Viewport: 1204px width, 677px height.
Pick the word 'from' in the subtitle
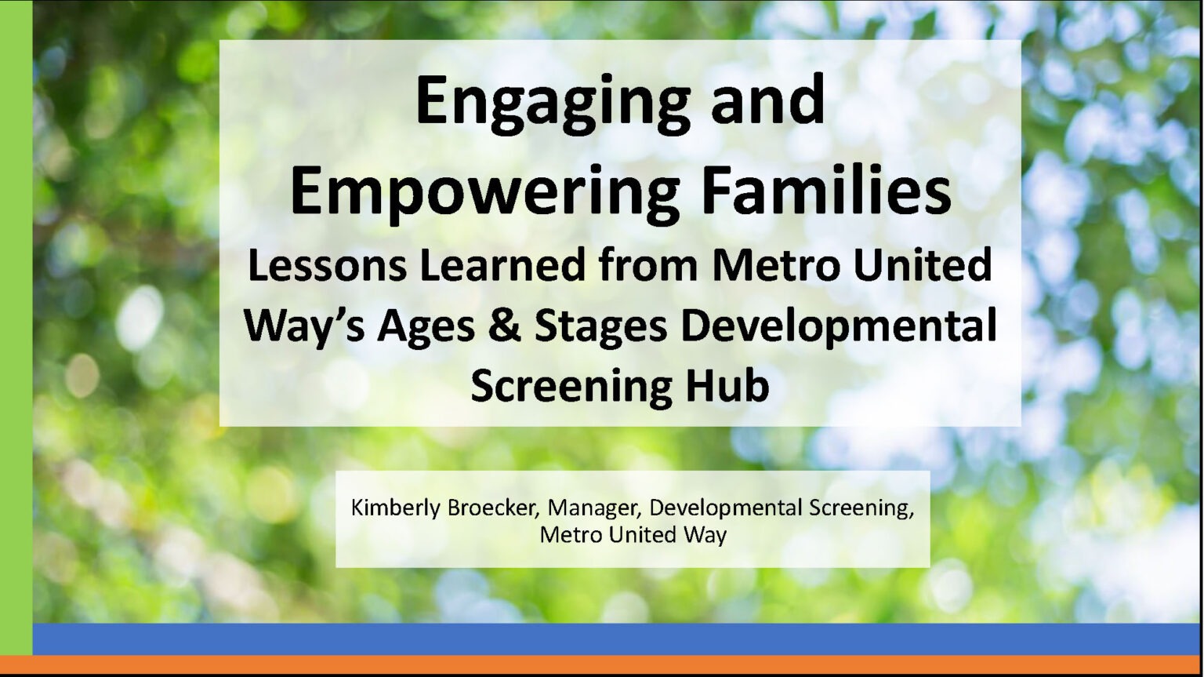(x=648, y=266)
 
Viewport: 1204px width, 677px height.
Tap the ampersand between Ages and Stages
(x=506, y=326)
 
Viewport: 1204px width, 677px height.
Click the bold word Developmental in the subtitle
(x=839, y=328)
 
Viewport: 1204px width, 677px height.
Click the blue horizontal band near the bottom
(x=618, y=639)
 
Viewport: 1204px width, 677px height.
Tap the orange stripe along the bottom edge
(x=602, y=664)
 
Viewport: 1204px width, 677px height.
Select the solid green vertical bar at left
(x=16, y=327)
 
